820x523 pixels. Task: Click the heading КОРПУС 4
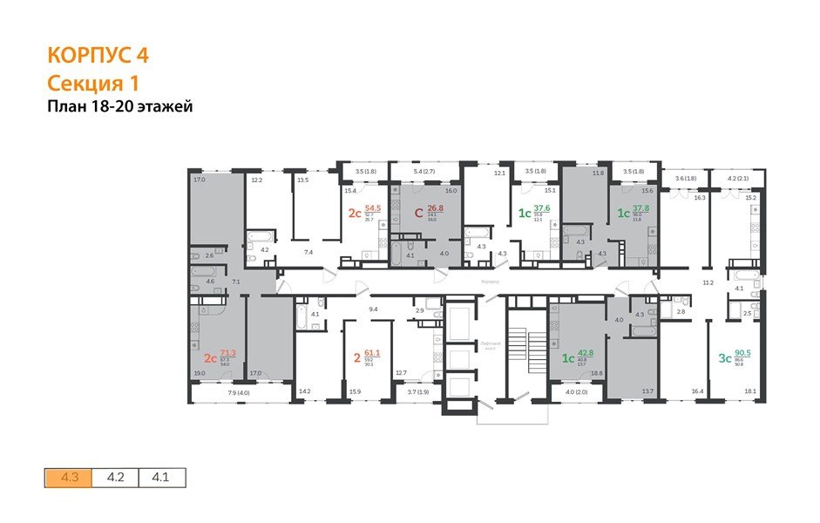coord(98,56)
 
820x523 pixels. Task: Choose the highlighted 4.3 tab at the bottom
coord(69,478)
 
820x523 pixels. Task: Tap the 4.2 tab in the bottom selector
coord(115,478)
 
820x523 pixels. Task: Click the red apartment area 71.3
coord(228,353)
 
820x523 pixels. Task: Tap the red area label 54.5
coord(374,209)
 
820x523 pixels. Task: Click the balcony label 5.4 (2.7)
coord(424,172)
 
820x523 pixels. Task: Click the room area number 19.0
coord(199,372)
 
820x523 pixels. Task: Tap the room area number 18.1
coord(750,392)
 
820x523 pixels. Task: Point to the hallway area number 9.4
coord(373,309)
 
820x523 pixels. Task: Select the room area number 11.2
coord(708,283)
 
